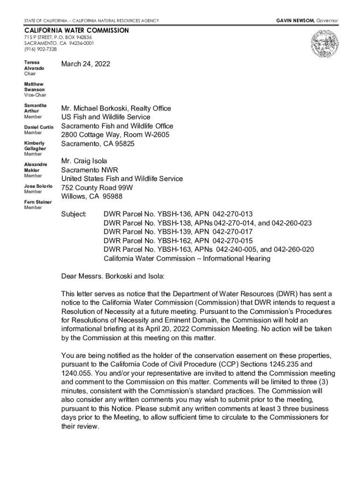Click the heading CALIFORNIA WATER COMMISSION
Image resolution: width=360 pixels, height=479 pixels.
point(76,30)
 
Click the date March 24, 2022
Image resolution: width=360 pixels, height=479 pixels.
point(86,64)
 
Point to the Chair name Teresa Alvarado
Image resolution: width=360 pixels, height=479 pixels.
point(34,65)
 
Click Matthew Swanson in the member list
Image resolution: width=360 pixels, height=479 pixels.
point(34,87)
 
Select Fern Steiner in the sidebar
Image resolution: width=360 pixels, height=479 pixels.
point(38,202)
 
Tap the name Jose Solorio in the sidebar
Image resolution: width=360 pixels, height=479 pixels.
point(38,186)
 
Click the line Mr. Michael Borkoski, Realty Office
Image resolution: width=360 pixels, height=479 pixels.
point(116,108)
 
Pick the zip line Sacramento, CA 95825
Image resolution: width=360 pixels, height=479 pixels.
point(97,144)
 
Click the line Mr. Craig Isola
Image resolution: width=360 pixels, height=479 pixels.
point(84,161)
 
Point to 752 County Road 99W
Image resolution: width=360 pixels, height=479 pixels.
point(97,188)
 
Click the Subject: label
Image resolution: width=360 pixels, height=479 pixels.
point(74,214)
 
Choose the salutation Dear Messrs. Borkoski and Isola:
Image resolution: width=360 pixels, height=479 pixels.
point(113,276)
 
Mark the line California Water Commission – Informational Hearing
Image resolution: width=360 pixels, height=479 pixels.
point(187,259)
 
